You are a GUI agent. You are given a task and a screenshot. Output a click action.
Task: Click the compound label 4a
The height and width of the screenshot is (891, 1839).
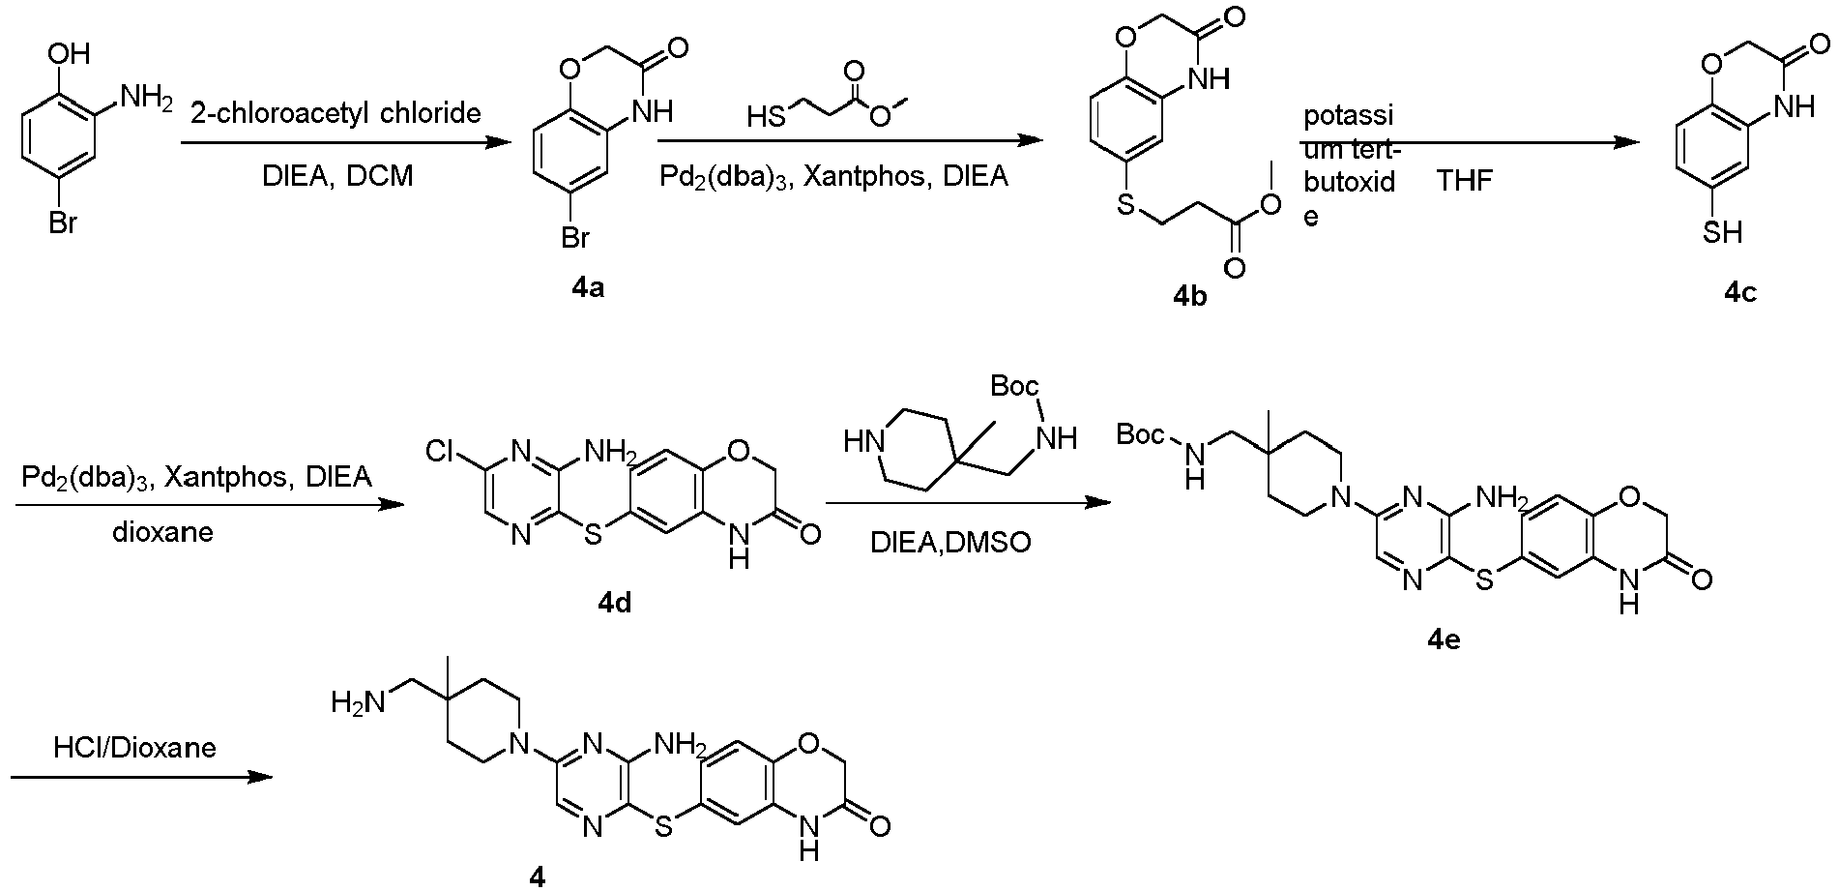[587, 287]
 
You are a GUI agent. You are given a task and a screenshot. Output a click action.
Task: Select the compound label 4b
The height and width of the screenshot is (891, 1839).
[1189, 296]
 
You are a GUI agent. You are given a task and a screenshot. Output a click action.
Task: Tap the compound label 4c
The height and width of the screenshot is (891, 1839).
[1740, 293]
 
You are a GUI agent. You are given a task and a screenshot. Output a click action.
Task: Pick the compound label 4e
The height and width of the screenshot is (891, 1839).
[1444, 640]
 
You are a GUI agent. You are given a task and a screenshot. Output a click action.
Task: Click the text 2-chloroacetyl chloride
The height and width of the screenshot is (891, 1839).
[336, 113]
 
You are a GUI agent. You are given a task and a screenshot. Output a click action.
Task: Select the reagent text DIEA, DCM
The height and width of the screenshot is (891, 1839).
[337, 177]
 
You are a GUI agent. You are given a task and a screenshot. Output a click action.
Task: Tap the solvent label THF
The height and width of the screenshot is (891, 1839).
[1466, 182]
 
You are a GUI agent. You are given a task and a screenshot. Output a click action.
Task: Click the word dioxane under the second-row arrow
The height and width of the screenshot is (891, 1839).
[162, 532]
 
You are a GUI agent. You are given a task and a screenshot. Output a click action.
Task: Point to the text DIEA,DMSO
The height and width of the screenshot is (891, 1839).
[950, 542]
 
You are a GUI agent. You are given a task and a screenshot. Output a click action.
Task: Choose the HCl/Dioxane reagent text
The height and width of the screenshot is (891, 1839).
[134, 747]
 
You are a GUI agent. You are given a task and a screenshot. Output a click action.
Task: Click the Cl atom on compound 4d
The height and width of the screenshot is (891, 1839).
[444, 453]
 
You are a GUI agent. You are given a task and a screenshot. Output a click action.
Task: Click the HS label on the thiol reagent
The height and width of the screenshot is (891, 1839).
[767, 118]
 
